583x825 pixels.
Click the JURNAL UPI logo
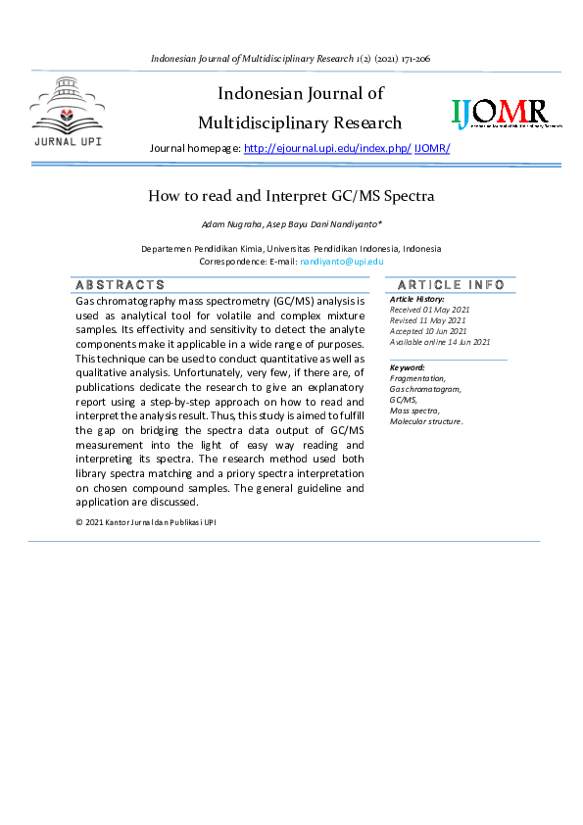click(x=67, y=114)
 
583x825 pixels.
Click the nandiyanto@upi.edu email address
click(x=341, y=262)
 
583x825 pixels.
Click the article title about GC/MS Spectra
click(x=291, y=196)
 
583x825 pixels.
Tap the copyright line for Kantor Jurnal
click(x=146, y=522)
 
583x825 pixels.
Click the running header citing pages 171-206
click(x=291, y=59)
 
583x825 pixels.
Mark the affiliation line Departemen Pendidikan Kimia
click(x=291, y=249)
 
